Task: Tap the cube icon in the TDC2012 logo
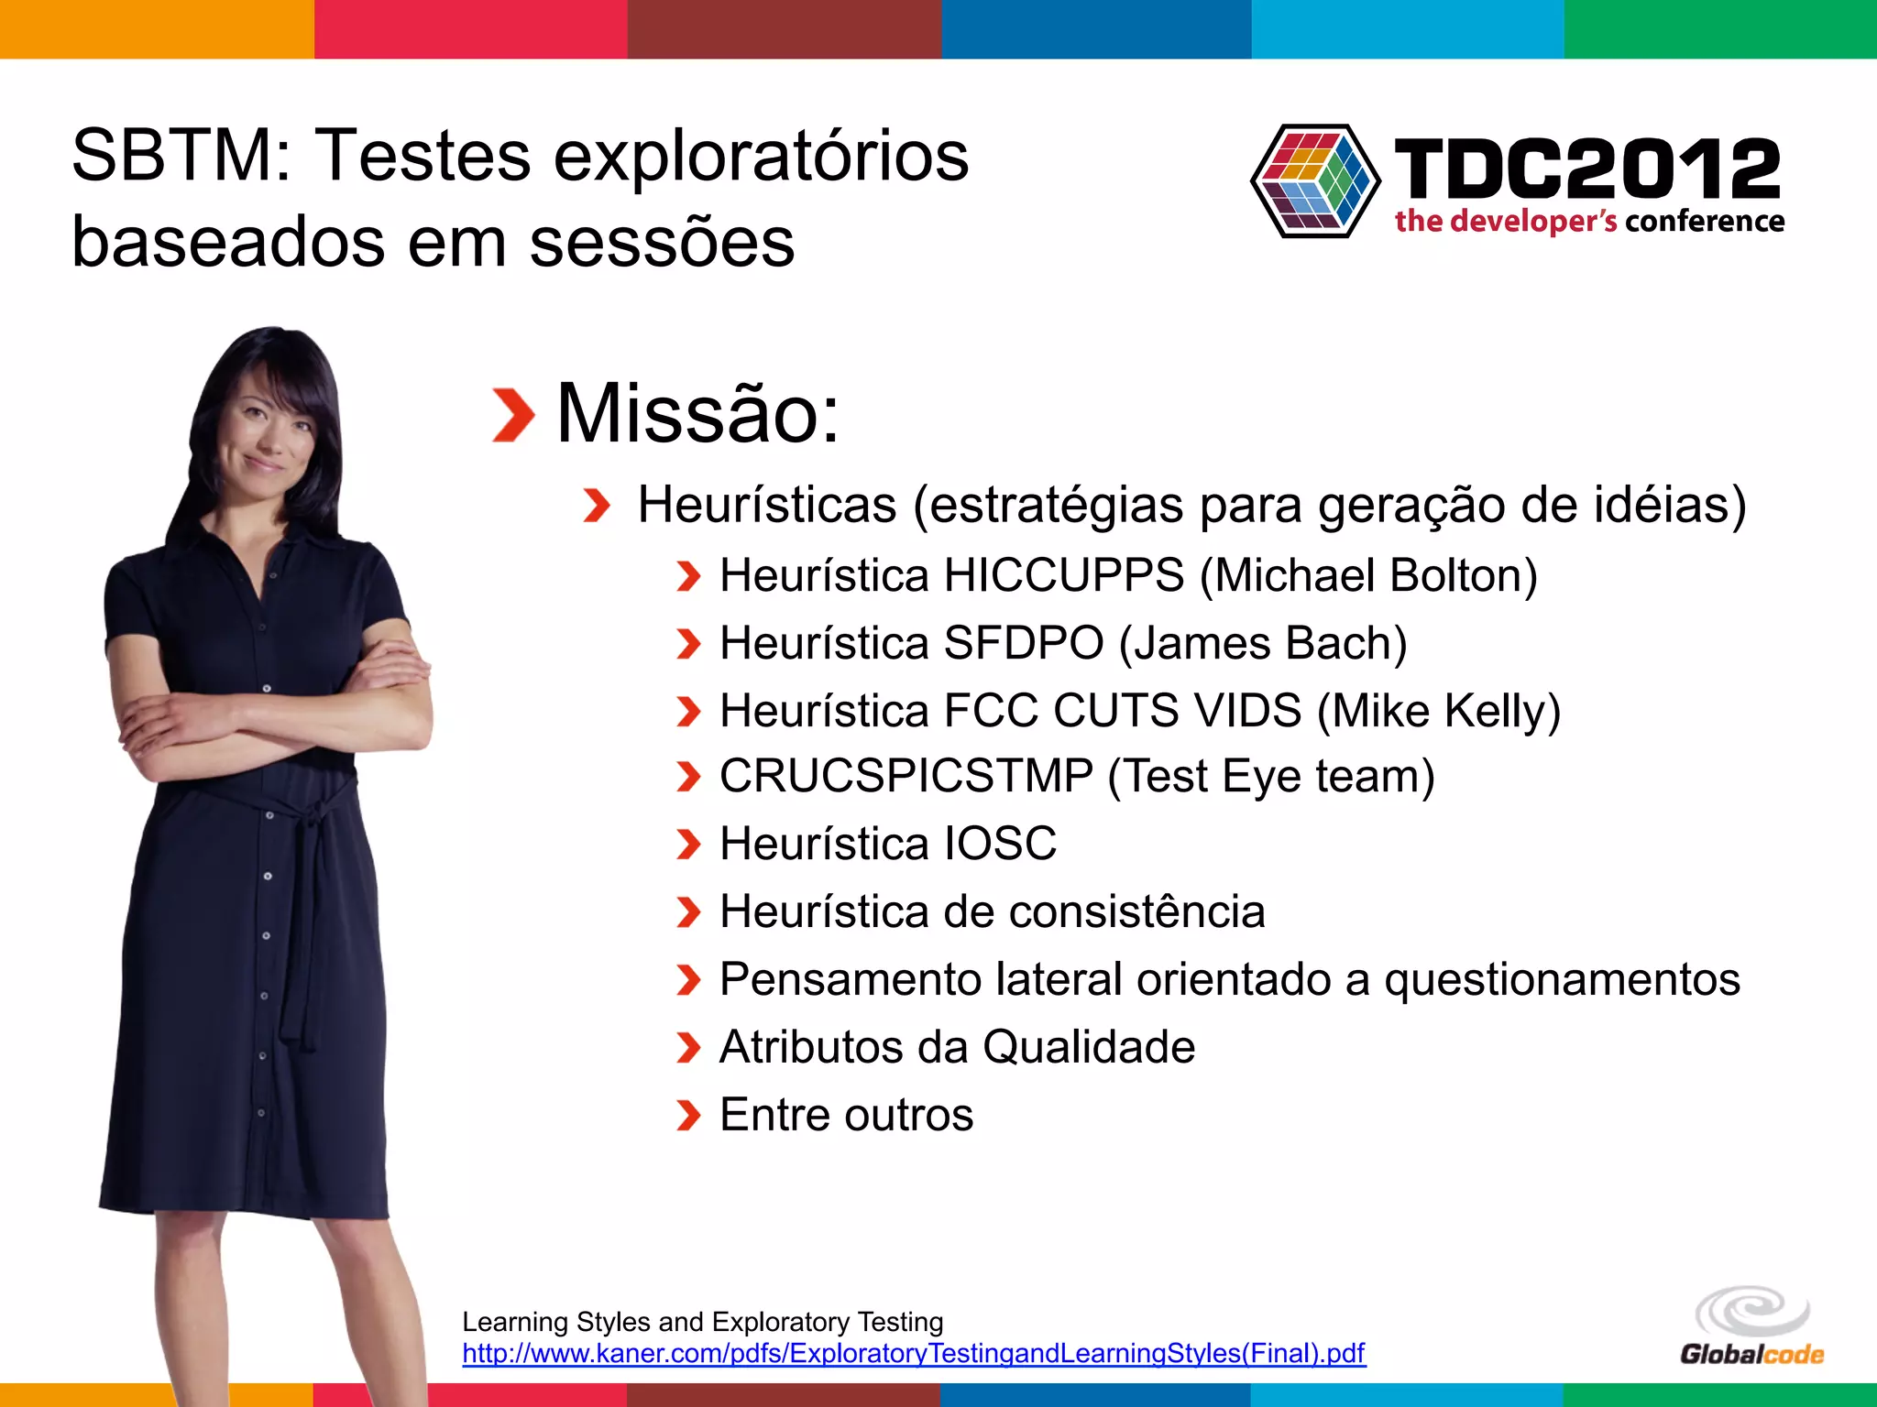1315,181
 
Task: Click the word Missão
697,414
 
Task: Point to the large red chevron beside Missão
512,415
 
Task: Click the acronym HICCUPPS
1064,576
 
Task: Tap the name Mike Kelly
1438,711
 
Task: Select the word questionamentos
1562,979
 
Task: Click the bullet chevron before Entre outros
688,1115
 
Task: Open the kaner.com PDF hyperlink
914,1353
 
